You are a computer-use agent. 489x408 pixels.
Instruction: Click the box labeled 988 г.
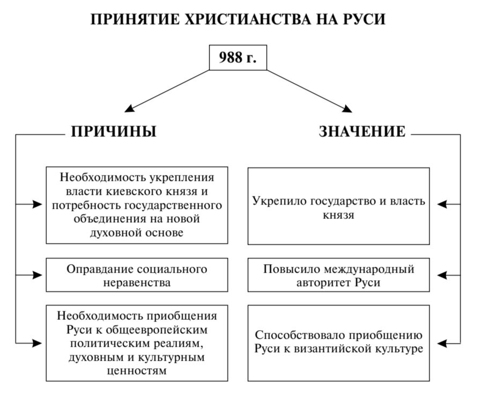click(x=238, y=58)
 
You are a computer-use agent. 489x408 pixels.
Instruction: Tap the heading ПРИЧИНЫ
click(x=114, y=132)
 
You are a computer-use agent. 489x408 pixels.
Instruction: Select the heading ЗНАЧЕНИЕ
click(x=362, y=132)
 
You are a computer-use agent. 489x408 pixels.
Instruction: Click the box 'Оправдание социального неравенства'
click(x=137, y=275)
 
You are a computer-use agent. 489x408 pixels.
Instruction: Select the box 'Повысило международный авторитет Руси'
click(x=338, y=275)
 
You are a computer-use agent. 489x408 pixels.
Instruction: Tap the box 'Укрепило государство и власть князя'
click(x=338, y=206)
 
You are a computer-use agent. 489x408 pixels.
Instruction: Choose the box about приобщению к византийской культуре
click(x=338, y=343)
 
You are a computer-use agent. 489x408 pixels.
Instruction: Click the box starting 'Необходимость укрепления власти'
click(x=137, y=205)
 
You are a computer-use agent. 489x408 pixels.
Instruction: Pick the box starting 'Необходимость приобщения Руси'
click(x=137, y=343)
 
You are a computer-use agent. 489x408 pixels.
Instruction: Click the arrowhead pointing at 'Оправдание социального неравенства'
click(x=38, y=275)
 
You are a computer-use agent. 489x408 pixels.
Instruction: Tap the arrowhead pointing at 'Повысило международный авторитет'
click(x=442, y=275)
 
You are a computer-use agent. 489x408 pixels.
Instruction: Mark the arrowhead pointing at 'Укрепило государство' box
click(x=442, y=204)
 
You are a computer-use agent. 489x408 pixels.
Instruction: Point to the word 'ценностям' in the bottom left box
click(x=137, y=370)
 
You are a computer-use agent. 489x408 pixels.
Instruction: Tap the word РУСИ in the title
click(x=365, y=19)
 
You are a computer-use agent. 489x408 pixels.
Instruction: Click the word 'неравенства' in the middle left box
click(x=137, y=282)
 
